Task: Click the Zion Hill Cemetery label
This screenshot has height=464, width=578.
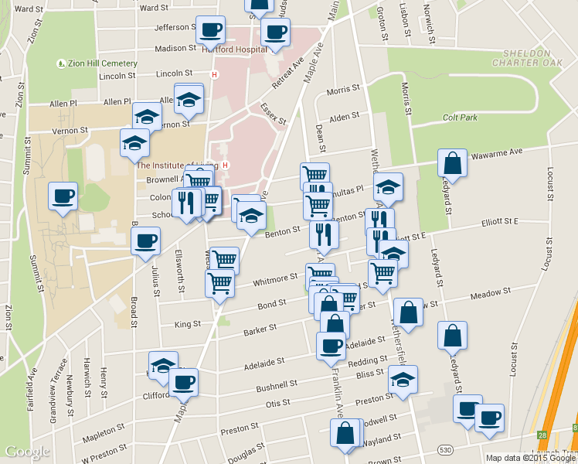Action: (x=102, y=63)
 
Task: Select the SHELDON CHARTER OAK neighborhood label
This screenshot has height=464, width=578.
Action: (x=538, y=59)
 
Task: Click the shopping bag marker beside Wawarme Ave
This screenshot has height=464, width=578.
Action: (x=452, y=163)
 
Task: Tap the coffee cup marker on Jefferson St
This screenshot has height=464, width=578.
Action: (x=210, y=30)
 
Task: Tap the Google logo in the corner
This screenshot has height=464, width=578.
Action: (x=28, y=452)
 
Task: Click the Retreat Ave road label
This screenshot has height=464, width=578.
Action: (x=292, y=70)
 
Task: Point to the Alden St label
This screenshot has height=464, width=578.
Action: (x=339, y=118)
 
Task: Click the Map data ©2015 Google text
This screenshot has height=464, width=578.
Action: (x=531, y=458)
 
